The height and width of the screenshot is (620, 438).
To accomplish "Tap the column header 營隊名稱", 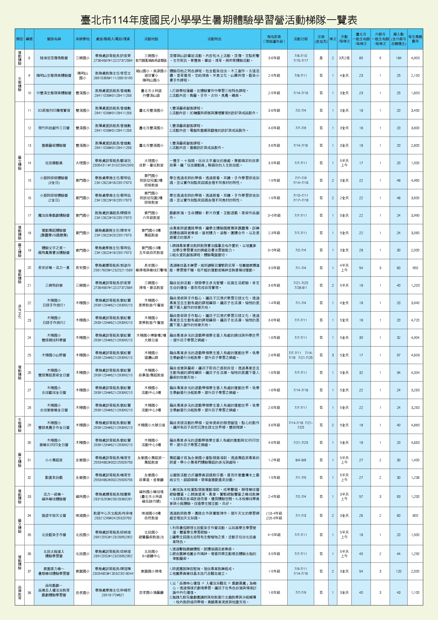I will coord(54,39).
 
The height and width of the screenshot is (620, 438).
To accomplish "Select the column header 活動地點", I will coord(151,39).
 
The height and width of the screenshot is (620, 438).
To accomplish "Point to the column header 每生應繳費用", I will coord(415,39).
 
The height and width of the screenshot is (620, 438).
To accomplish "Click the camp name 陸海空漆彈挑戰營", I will coord(54,58).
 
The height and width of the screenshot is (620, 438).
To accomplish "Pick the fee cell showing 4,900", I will coord(415,58).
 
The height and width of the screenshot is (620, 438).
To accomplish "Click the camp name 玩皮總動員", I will coord(54,163).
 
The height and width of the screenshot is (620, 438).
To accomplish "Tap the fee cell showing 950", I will coord(415,268).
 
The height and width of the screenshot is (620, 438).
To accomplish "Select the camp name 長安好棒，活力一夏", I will coord(54,268).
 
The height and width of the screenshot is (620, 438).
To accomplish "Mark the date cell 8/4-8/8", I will coord(301,460).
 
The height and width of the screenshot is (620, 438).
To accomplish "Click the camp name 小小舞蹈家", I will coord(54,460).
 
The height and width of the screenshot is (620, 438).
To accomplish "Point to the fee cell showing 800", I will coord(415,516).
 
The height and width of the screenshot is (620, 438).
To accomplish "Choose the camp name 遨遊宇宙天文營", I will coord(54,516).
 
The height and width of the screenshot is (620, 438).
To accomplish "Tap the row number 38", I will coord(29,593).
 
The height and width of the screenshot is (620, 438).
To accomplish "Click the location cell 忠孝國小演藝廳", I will coord(151,593).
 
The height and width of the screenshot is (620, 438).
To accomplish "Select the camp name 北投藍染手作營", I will coord(54,535).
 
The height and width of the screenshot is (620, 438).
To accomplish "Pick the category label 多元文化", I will coord(20,311).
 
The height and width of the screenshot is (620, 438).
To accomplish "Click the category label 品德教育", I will coord(20,593).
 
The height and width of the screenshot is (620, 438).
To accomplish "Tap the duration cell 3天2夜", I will coord(344,58).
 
